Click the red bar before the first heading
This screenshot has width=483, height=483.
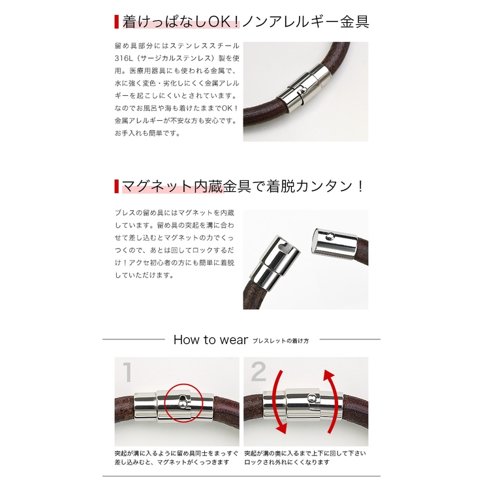[x=116, y=22]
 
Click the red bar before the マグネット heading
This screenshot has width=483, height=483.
[x=116, y=187]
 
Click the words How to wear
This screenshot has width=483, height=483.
[x=210, y=339]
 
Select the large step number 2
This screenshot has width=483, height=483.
[x=258, y=373]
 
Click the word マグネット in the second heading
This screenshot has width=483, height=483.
[x=155, y=187]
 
